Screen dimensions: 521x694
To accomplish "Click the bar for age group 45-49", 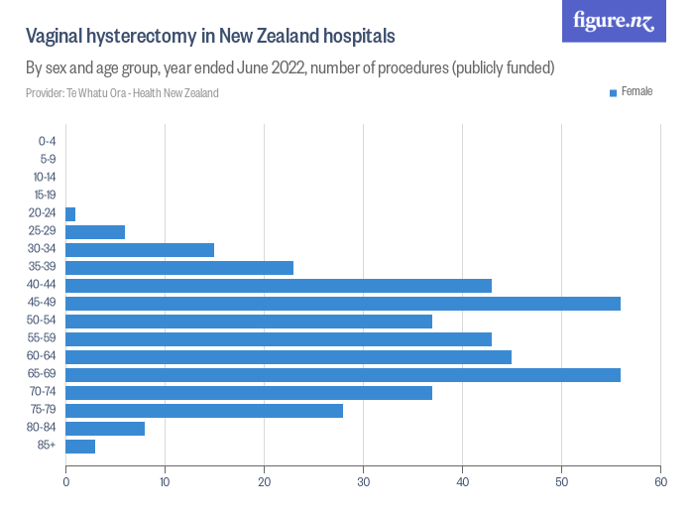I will [x=342, y=304].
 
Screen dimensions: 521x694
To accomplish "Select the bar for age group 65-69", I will [x=342, y=375].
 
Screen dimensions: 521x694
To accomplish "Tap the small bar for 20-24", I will [x=70, y=214].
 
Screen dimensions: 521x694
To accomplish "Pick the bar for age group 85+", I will [x=80, y=447].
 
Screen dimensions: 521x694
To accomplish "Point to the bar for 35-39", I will [x=179, y=268].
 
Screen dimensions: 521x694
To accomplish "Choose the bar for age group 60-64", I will [x=288, y=357].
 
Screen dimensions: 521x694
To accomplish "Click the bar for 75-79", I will [x=204, y=411].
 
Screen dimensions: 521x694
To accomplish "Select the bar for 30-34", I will [x=140, y=250].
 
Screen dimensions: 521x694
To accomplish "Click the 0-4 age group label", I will [x=47, y=141].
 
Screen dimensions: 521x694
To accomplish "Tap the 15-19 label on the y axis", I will [x=45, y=195].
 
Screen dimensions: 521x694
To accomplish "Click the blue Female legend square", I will [x=613, y=92].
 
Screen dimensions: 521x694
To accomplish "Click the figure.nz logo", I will [x=613, y=21].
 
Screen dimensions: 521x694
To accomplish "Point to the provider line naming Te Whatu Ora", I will [x=122, y=93].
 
